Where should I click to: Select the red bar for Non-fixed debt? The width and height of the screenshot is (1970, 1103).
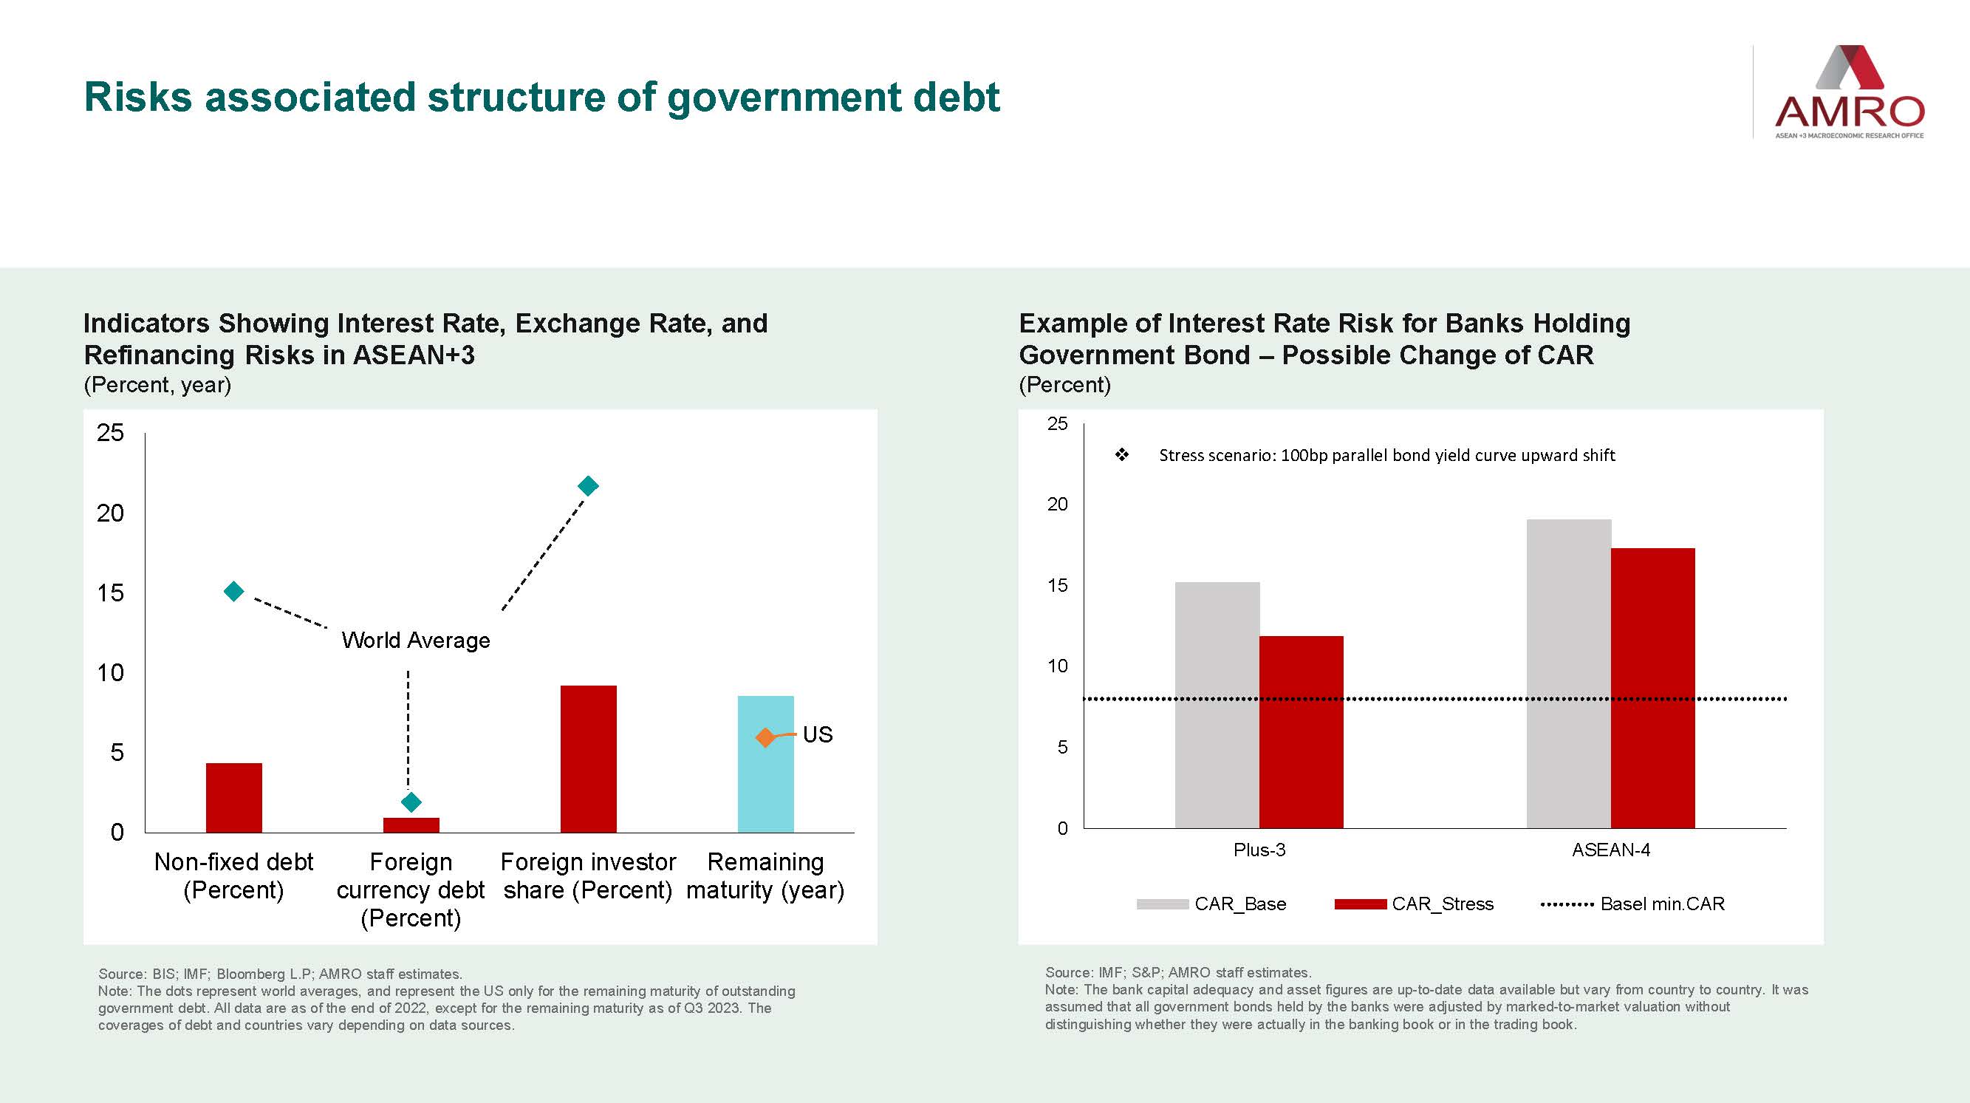pyautogui.click(x=234, y=797)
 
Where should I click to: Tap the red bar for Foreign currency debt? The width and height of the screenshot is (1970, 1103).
pyautogui.click(x=411, y=824)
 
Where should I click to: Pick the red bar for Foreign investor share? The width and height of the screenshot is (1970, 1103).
pyautogui.click(x=588, y=758)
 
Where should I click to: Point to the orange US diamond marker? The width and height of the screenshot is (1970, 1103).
pyautogui.click(x=765, y=737)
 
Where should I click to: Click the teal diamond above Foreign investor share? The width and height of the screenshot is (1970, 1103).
pyautogui.click(x=588, y=485)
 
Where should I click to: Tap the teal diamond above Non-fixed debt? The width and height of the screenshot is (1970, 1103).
pyautogui.click(x=234, y=591)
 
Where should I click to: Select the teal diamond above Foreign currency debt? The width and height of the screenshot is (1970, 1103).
pyautogui.click(x=411, y=802)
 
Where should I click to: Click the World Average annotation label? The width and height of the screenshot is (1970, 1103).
pyautogui.click(x=415, y=641)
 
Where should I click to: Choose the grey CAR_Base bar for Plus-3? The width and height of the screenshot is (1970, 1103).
pyautogui.click(x=1217, y=705)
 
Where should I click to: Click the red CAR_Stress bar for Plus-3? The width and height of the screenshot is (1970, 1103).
pyautogui.click(x=1301, y=731)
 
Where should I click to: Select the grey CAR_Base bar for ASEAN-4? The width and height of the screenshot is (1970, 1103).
pyautogui.click(x=1568, y=673)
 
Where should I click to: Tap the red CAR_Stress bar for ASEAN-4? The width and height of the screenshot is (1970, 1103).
pyautogui.click(x=1652, y=688)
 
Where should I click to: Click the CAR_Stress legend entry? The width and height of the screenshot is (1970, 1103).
pyautogui.click(x=1415, y=904)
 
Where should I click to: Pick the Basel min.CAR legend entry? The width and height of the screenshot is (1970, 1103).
pyautogui.click(x=1633, y=904)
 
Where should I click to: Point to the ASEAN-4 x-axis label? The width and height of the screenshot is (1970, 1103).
pyautogui.click(x=1610, y=850)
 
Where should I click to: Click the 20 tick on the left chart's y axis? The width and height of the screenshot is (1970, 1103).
pyautogui.click(x=110, y=513)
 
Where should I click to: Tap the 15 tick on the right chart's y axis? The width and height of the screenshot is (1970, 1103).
pyautogui.click(x=1057, y=586)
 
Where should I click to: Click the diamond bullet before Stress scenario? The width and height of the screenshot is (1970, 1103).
pyautogui.click(x=1122, y=455)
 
